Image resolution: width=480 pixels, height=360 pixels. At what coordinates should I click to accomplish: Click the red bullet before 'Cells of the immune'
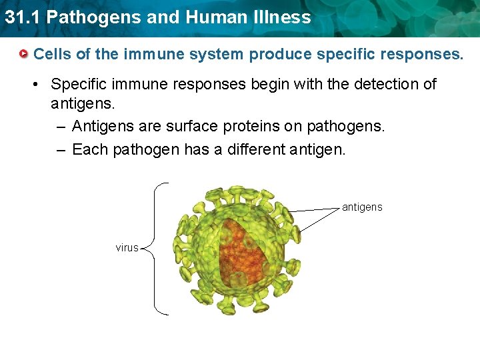(x=24, y=54)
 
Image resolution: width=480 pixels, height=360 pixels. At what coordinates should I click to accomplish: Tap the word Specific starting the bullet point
(x=78, y=85)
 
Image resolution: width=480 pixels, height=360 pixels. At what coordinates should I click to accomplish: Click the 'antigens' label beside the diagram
(x=362, y=207)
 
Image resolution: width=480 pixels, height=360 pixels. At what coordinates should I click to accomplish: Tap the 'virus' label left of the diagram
(x=127, y=248)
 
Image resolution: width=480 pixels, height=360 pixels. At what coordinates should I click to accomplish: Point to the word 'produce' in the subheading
(x=280, y=54)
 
